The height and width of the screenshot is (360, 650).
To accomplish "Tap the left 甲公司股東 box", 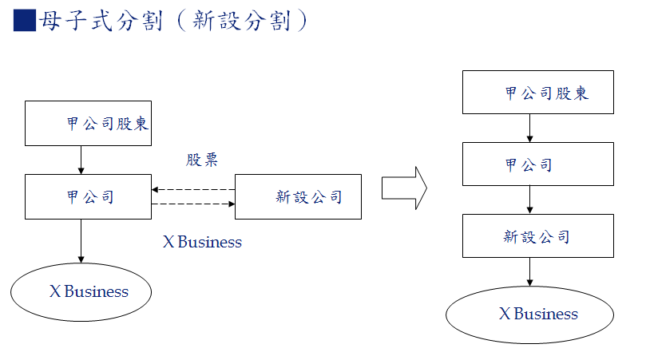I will (88, 124).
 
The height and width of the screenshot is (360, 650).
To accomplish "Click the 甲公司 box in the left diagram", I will (88, 197).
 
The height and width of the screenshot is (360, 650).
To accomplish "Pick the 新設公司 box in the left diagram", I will (298, 197).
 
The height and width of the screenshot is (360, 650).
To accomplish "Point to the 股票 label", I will (202, 160).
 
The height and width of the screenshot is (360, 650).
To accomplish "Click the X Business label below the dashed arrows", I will (202, 242).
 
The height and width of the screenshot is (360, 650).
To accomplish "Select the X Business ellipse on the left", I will (81, 291).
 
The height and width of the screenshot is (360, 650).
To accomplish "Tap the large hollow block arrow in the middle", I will (404, 188).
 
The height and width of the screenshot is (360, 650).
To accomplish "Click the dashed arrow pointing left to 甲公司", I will (193, 190).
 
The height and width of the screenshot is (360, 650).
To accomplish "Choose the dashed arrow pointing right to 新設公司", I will (193, 204).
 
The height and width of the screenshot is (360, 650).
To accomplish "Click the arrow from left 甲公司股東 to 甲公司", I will (81, 160).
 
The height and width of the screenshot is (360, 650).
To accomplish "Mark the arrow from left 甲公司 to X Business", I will (81, 240).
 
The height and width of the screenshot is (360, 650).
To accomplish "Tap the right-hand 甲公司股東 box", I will (538, 92).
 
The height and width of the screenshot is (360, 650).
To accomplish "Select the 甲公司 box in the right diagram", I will (538, 164).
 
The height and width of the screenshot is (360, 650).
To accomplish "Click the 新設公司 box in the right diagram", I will (538, 235).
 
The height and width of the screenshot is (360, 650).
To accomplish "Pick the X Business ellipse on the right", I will (529, 315).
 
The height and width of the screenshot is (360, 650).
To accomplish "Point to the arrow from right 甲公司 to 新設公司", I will (530, 200).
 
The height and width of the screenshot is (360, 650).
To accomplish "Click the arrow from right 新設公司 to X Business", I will (530, 271).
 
